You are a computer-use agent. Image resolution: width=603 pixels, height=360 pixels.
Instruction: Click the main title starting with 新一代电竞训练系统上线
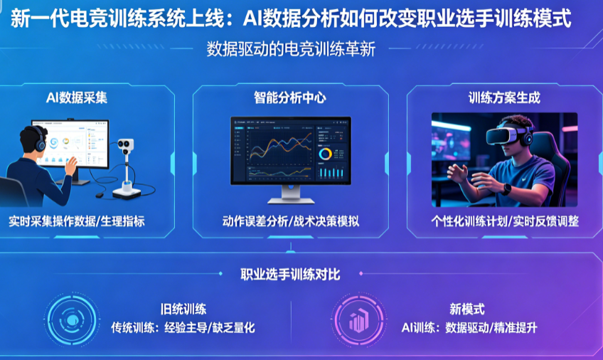point(291,18)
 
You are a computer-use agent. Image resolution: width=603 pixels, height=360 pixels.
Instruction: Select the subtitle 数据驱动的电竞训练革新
point(291,50)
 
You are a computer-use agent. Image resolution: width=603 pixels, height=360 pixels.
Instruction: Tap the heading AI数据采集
point(77,97)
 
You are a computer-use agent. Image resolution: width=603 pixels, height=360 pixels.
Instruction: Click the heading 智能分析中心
point(290,97)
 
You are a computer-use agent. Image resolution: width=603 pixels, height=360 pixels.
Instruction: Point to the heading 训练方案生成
point(504,97)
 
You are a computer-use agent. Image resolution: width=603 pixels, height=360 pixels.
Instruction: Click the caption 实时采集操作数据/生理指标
point(77,221)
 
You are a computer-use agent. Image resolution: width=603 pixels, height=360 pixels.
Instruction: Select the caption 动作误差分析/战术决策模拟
point(291,221)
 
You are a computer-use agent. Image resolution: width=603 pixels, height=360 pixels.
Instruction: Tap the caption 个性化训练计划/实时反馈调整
point(505,221)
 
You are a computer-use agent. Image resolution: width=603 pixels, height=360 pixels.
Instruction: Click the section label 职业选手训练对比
point(290,274)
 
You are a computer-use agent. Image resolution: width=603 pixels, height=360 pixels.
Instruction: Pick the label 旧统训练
point(183,309)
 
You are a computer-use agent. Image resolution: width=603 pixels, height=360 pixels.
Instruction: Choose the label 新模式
point(467,309)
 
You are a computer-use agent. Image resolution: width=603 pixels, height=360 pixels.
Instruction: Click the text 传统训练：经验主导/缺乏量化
point(183,328)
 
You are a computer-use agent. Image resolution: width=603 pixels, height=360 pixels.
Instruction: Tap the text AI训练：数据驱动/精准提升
point(469,328)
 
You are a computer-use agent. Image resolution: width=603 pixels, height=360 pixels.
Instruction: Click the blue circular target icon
point(72,320)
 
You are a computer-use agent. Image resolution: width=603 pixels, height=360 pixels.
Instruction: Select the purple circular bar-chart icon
point(358,320)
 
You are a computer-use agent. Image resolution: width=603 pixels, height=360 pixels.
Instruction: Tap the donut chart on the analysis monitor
point(326,154)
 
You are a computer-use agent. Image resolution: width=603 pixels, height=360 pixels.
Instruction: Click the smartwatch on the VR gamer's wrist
point(507,189)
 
